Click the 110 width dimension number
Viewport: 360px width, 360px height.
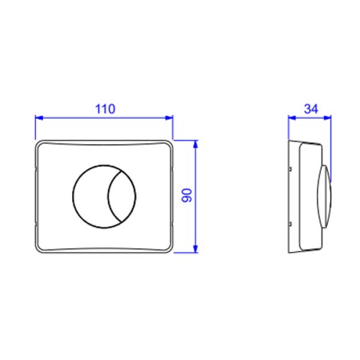105,109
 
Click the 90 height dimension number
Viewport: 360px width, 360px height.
187,195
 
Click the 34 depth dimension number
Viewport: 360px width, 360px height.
311,109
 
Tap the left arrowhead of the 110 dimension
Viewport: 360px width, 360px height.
39,117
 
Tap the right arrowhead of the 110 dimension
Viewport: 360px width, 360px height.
169,117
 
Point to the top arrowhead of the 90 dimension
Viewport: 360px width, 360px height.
196,144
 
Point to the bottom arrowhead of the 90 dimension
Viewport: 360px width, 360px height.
196,249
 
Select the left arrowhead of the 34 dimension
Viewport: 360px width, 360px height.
292,117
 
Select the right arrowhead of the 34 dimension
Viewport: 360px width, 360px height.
328,117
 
